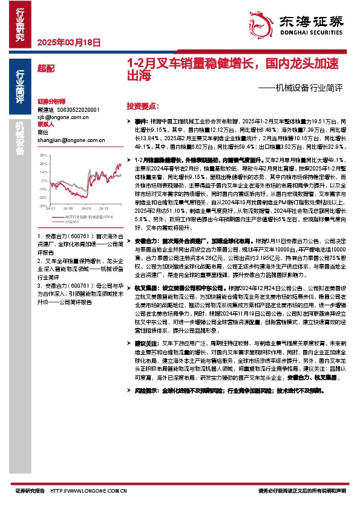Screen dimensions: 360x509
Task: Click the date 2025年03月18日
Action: (x=68, y=43)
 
